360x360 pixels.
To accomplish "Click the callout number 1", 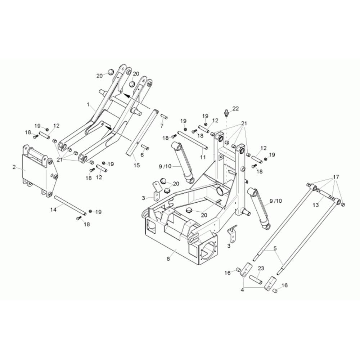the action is pyautogui.click(x=87, y=104).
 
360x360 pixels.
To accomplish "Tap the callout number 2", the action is pyautogui.click(x=14, y=167).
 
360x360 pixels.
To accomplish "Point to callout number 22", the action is pyautogui.click(x=236, y=108).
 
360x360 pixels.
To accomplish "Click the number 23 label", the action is pyautogui.click(x=261, y=268).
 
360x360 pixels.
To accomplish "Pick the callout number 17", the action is pyautogui.click(x=336, y=177).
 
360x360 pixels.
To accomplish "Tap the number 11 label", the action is pyautogui.click(x=203, y=157).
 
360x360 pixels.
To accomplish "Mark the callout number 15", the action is pyautogui.click(x=136, y=165).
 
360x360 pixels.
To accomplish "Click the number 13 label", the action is pyautogui.click(x=315, y=205).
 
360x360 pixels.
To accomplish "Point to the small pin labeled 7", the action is pyautogui.click(x=164, y=116).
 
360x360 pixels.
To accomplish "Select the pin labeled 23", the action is pyautogui.click(x=258, y=279).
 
